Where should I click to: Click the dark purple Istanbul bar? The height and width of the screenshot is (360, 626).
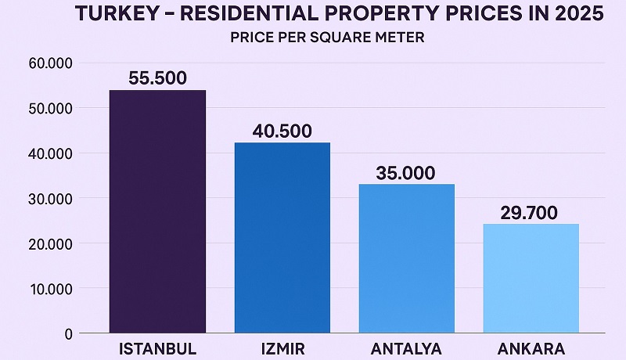157,211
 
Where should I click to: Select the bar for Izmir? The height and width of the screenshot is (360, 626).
282,238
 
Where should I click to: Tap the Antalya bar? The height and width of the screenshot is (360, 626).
406,258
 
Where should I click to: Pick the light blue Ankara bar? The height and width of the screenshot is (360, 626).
531,278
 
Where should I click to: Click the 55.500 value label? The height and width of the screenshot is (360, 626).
157,77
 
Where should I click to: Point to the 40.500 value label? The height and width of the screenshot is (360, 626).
282,131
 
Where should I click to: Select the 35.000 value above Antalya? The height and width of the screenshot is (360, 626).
405,173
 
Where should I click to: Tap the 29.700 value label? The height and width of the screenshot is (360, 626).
529,212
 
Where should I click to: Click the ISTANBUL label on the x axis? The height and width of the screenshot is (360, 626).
157,347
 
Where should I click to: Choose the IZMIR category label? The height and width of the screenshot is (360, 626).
282,347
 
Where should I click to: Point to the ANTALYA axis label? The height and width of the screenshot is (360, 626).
407,347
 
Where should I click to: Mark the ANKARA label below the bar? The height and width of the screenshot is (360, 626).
531,347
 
